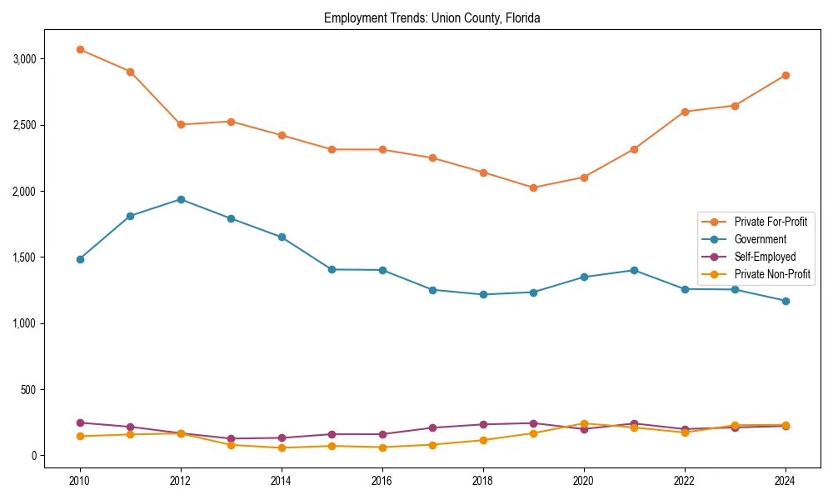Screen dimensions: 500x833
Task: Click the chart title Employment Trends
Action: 432,17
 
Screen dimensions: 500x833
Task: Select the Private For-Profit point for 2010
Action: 80,49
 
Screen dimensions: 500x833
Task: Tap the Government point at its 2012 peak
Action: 181,199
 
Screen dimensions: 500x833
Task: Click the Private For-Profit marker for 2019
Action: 533,187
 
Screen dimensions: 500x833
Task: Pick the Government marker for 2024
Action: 786,301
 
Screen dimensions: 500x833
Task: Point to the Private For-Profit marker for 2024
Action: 786,75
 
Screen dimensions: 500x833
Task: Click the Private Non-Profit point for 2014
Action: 282,447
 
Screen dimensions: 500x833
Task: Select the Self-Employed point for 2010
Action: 80,422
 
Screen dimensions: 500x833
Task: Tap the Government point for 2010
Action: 80,259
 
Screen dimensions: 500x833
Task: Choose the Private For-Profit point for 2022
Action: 685,112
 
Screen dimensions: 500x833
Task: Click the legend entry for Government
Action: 760,239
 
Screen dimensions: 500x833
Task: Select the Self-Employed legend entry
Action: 765,257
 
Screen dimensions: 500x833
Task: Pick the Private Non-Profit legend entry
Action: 772,274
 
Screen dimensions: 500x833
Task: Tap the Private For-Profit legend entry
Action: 771,222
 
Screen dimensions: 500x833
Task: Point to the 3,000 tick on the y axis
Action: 25,59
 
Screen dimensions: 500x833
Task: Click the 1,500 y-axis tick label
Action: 25,257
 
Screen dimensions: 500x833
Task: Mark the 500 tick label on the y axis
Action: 30,389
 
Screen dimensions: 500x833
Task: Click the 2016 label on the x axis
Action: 382,480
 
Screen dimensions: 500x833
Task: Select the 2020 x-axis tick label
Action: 584,480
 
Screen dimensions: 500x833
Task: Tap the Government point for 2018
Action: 483,294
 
